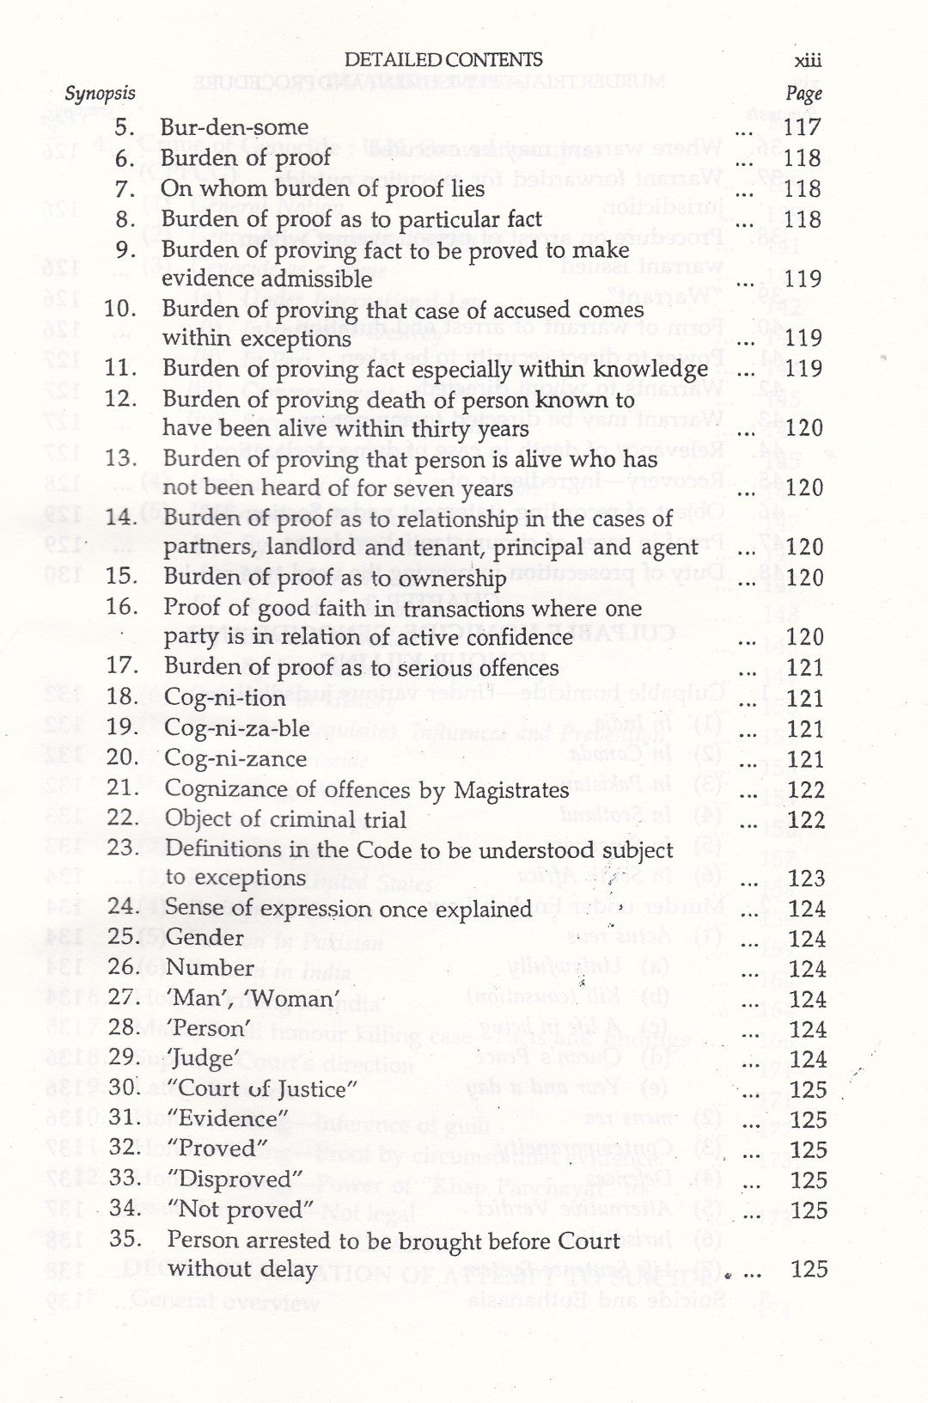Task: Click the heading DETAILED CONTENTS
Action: pos(443,59)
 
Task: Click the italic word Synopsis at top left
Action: pos(101,93)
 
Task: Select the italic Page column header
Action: pos(803,94)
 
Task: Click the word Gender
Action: pos(205,938)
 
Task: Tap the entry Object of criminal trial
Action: pos(285,819)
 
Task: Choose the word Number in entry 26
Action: pos(210,968)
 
